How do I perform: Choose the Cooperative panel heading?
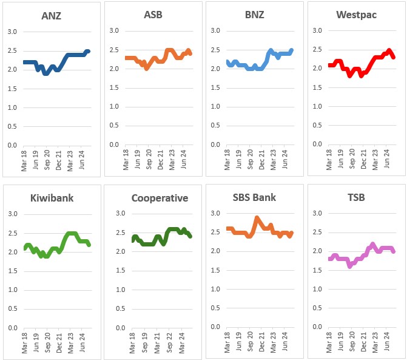tap(160, 198)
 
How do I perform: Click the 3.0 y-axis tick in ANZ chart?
tap(12, 32)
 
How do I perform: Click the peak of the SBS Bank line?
tap(257, 217)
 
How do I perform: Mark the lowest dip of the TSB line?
tap(350, 266)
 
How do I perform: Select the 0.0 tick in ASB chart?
tap(114, 146)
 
